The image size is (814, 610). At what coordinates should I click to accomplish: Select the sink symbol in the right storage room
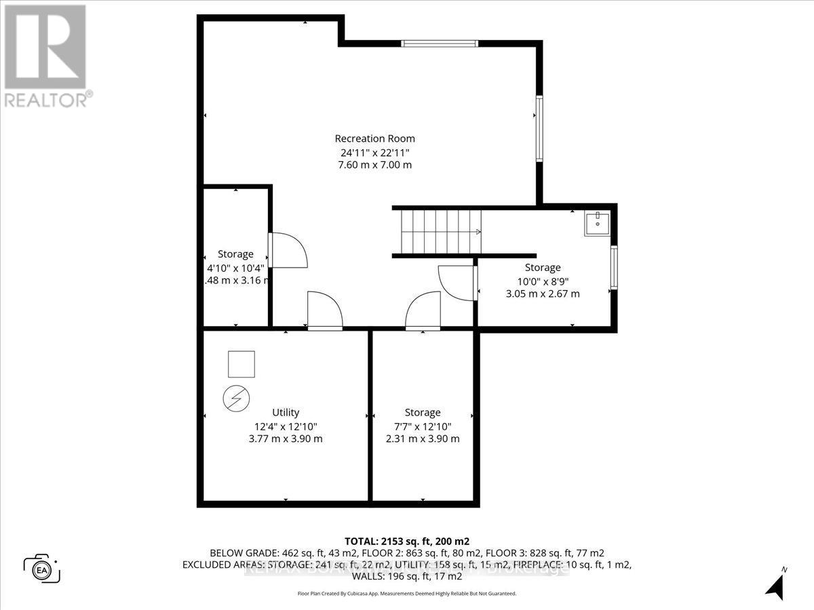pos(597,224)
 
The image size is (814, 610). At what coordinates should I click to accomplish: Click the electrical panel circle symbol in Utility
pos(235,398)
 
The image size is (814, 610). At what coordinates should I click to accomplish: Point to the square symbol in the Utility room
pos(241,364)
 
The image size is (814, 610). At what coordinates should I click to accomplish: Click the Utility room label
pos(286,412)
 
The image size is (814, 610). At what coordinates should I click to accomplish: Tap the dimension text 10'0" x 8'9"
pos(543,281)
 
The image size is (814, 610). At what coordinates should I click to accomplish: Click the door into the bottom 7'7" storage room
pos(423,312)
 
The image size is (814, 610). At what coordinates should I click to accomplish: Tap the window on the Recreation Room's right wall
pos(539,129)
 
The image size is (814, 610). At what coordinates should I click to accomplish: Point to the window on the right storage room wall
pos(613,268)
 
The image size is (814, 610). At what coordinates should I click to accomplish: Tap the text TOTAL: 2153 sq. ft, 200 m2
pos(406,541)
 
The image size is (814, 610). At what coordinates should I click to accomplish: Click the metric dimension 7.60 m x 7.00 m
pos(374,165)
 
